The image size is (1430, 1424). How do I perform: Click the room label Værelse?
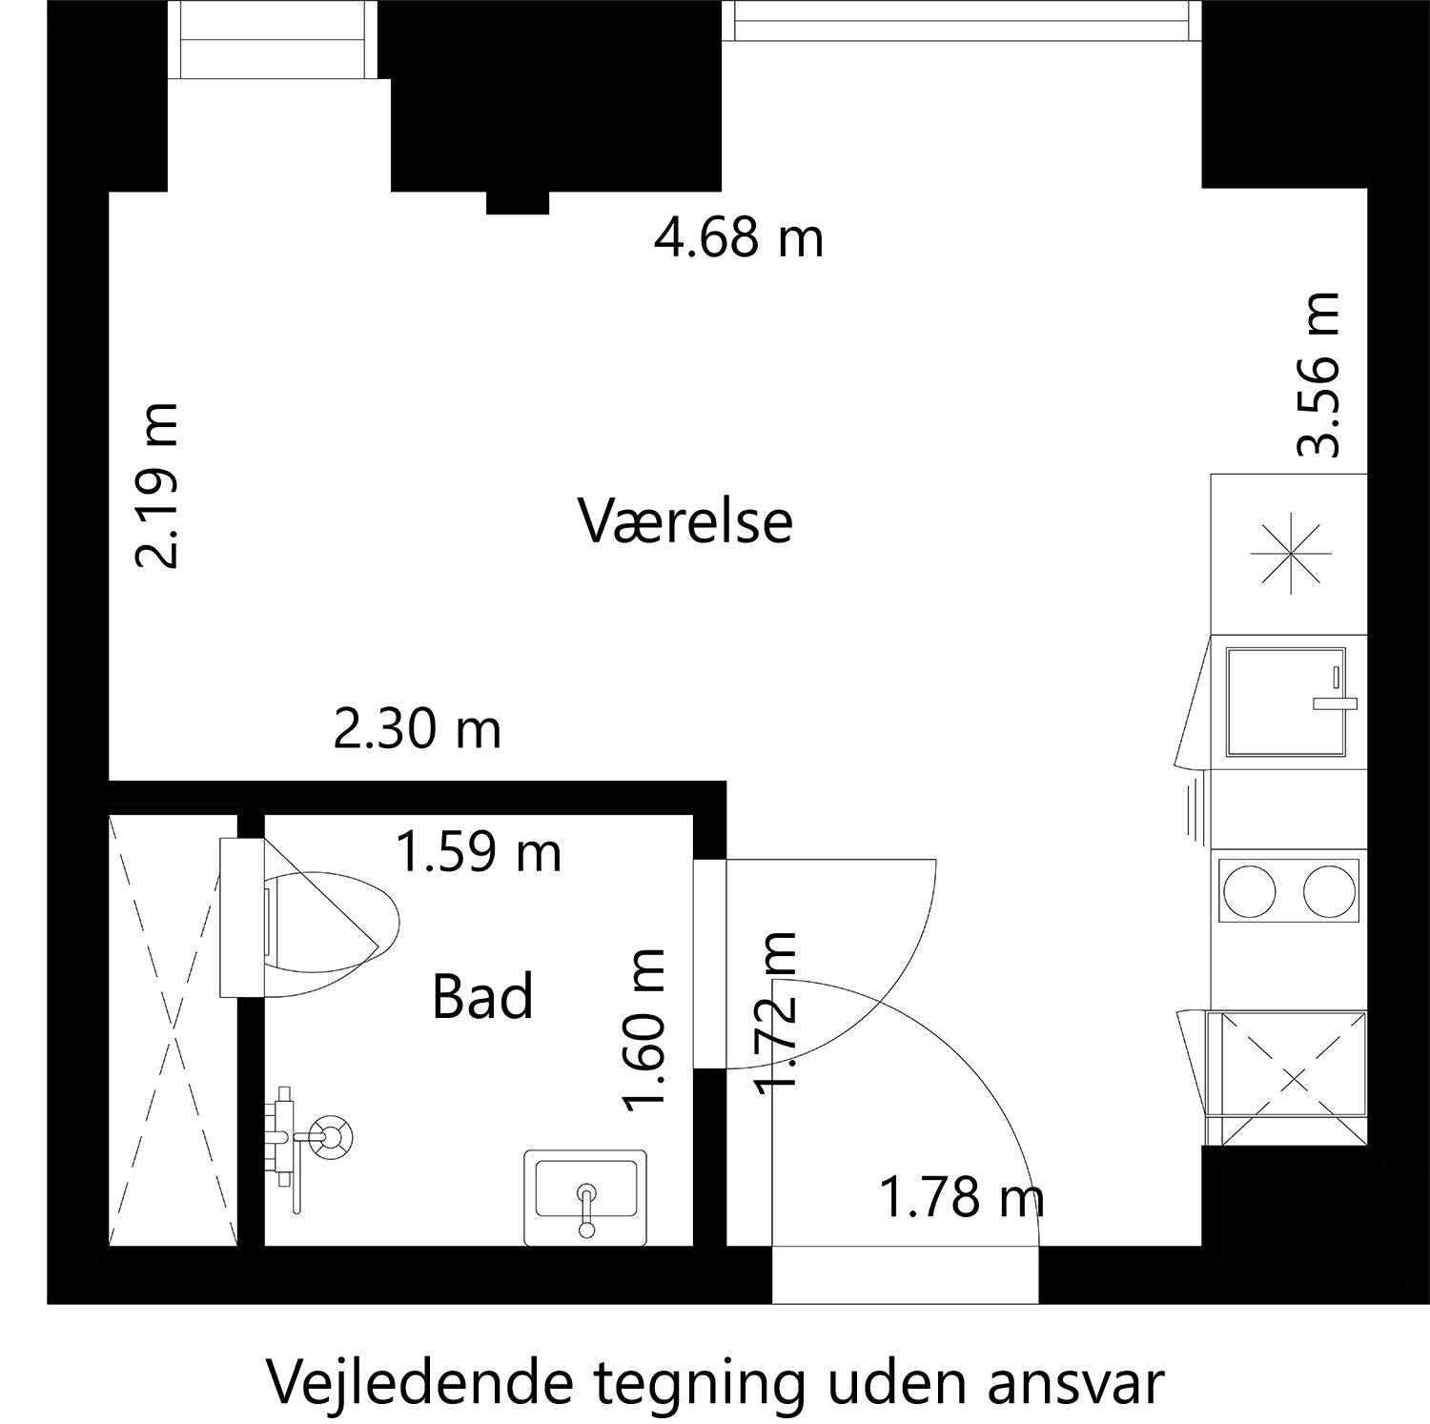[x=686, y=522]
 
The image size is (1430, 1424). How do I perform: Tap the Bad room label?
[x=482, y=997]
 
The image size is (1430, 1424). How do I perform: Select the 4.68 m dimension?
[x=738, y=237]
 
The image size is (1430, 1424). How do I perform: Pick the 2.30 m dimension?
[x=417, y=731]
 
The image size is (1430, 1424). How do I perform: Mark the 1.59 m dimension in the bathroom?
[x=478, y=852]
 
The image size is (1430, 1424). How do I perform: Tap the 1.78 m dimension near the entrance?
[x=961, y=1198]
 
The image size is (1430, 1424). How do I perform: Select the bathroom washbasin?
[x=585, y=1197]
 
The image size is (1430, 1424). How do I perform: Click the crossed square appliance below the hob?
[x=1292, y=1079]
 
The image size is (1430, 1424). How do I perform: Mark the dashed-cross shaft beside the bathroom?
[x=173, y=1029]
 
